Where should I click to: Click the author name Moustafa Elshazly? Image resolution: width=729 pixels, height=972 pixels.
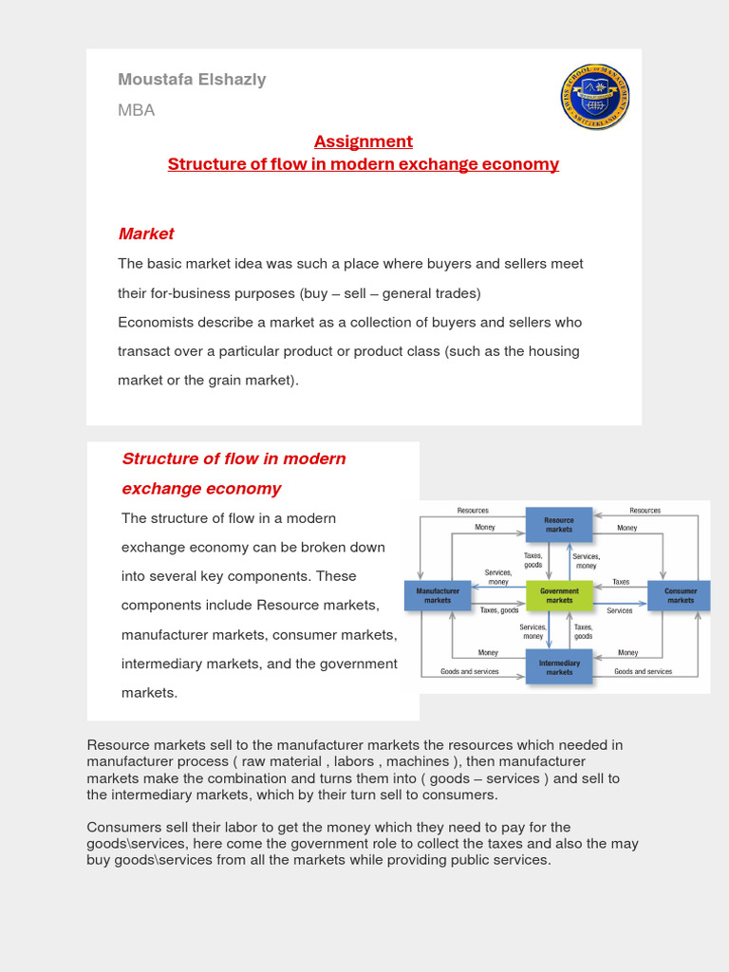(192, 79)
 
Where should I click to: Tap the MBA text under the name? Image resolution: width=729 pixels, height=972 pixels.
(136, 110)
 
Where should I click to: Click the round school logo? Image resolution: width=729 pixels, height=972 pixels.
(595, 98)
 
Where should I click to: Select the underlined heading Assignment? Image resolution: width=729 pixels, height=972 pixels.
(364, 141)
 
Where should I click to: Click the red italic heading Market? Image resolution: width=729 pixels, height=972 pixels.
(146, 234)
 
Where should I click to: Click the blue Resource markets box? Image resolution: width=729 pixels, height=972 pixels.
(558, 524)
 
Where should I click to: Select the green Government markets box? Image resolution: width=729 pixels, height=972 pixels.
(559, 595)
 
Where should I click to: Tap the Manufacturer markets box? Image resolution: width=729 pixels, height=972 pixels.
(438, 595)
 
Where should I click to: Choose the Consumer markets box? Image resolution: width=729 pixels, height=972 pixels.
(680, 595)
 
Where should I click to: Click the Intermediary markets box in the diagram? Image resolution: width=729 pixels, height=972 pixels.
(559, 666)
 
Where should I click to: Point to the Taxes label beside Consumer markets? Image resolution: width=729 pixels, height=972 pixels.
(620, 582)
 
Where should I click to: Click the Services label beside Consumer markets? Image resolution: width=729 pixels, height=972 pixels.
(619, 610)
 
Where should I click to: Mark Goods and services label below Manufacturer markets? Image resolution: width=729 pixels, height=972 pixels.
(469, 671)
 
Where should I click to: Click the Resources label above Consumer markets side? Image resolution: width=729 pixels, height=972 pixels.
(645, 511)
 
